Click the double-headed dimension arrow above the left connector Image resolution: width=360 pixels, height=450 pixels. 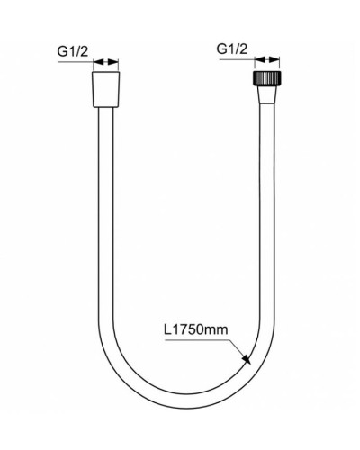coord(106,65)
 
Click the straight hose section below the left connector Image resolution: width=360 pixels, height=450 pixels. coord(106,225)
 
